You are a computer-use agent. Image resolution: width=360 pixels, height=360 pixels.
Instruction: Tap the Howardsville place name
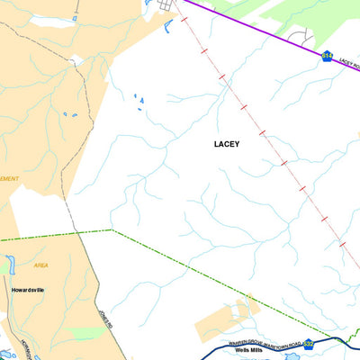tap(29, 291)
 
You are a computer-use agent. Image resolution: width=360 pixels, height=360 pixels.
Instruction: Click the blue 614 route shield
tap(328, 57)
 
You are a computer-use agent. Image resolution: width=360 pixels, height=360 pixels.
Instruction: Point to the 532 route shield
tap(309, 343)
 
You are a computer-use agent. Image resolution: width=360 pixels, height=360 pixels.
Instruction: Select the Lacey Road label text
tap(347, 66)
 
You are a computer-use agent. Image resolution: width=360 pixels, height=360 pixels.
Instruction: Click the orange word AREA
tap(40, 265)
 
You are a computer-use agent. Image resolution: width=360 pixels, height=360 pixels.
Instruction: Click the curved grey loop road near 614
tap(306, 36)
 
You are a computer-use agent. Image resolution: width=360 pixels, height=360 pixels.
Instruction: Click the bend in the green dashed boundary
tap(112, 230)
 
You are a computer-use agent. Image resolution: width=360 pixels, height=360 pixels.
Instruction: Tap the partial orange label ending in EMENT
tap(9, 178)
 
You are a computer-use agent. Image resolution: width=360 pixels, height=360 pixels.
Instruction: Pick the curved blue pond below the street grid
tap(168, 24)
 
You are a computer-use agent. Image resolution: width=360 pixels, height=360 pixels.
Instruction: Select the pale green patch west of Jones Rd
tap(85, 332)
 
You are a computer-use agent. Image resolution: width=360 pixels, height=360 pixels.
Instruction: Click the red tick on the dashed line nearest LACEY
tap(262, 134)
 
